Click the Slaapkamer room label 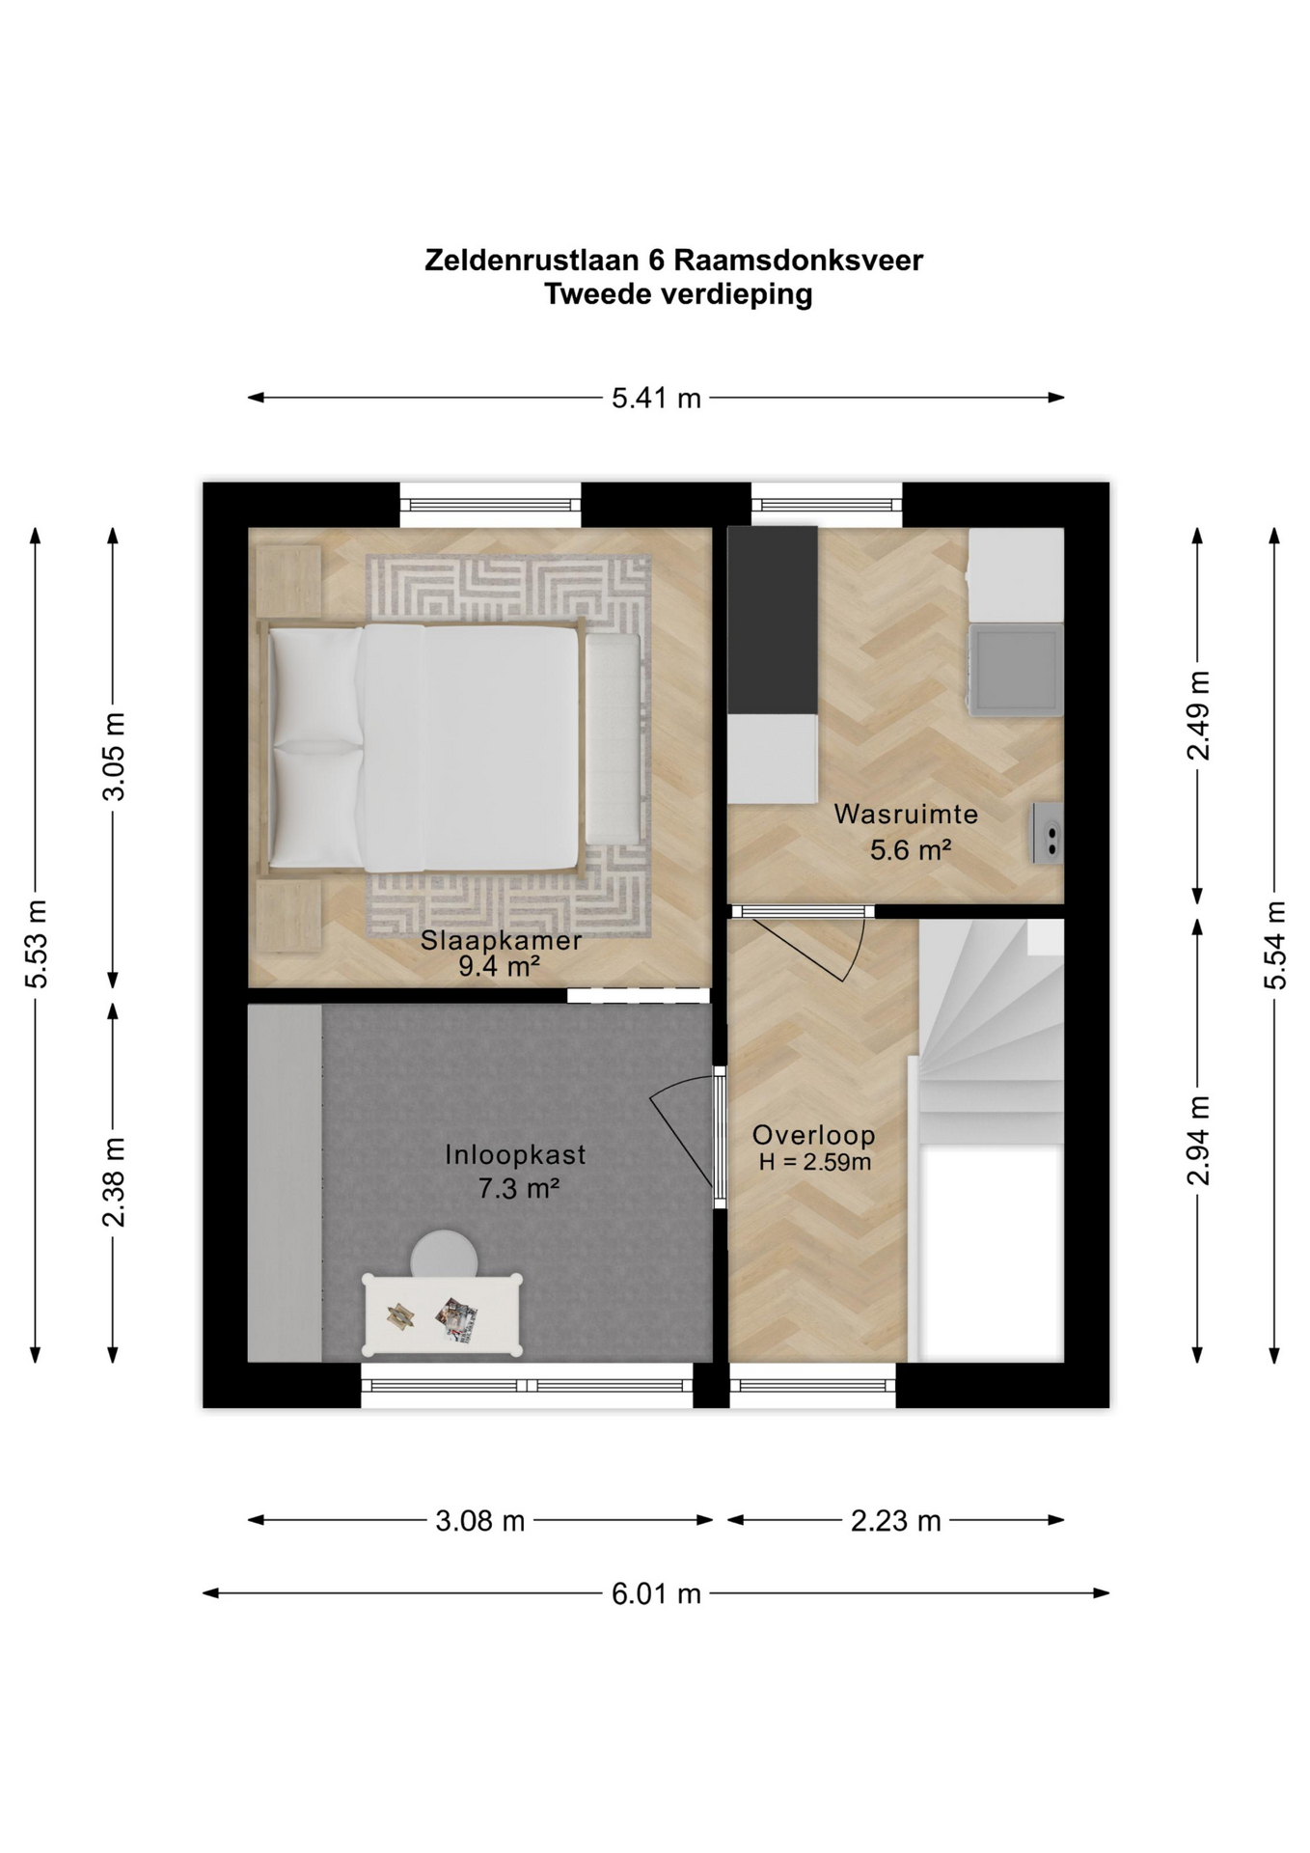[501, 940]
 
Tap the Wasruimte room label [906, 814]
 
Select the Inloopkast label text [515, 1154]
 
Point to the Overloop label [814, 1135]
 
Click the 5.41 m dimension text [656, 398]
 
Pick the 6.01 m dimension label [656, 1593]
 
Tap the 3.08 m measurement [479, 1521]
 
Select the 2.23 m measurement [895, 1521]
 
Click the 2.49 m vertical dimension [1197, 715]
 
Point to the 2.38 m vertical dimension [114, 1182]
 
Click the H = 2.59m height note [815, 1162]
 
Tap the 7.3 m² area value [519, 1188]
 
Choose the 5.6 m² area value [911, 849]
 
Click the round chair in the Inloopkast [444, 1253]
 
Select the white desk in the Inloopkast [443, 1314]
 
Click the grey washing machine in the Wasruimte [1015, 670]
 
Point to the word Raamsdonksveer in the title [798, 260]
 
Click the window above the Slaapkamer [490, 505]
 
